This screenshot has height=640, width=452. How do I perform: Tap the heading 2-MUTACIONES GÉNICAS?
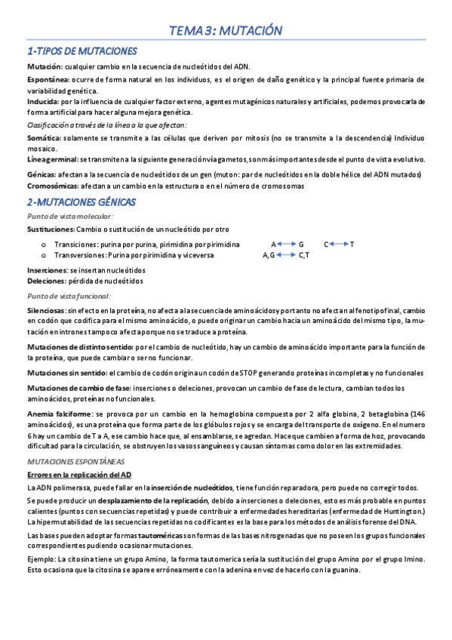tap(81, 202)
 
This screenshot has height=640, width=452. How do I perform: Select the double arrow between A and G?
tap(285, 245)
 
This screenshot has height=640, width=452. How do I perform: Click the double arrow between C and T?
tap(337, 245)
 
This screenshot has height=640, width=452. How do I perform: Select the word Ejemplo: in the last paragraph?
tap(42, 558)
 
